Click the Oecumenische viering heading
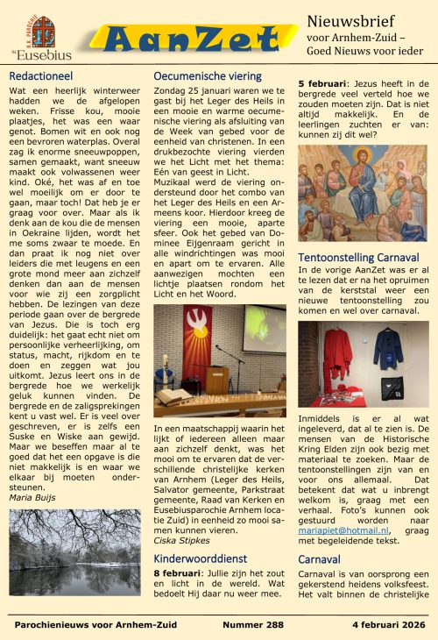click(x=207, y=76)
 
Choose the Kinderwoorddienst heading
click(x=201, y=558)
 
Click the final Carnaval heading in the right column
click(x=319, y=558)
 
